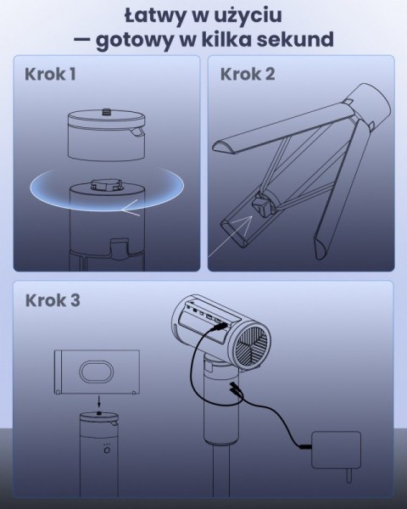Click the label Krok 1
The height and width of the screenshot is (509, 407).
point(51,74)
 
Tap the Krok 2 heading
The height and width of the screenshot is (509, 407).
point(247,74)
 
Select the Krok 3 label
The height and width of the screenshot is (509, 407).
point(53,300)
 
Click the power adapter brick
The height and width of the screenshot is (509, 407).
point(336,446)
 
